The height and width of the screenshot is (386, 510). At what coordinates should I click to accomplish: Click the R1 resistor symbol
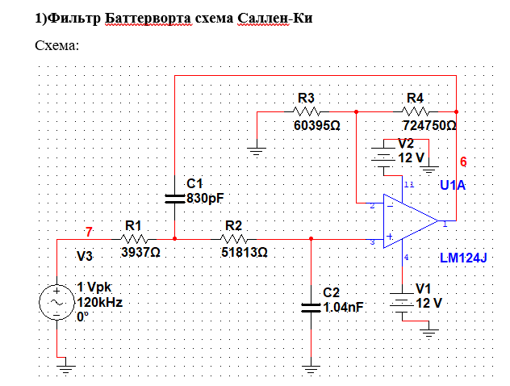pyautogui.click(x=134, y=239)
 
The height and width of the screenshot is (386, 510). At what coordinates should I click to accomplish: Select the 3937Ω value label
pyautogui.click(x=140, y=252)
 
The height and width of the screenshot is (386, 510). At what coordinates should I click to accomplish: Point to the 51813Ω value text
pyautogui.click(x=245, y=252)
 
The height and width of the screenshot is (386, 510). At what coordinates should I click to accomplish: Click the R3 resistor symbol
pyautogui.click(x=307, y=111)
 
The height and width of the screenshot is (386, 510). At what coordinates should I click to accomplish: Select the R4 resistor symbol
pyautogui.click(x=415, y=111)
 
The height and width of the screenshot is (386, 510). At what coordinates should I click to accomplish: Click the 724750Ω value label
pyautogui.click(x=428, y=126)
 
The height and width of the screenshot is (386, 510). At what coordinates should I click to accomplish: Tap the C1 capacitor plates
pyautogui.click(x=175, y=196)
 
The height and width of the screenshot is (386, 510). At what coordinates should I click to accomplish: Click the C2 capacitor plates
pyautogui.click(x=311, y=306)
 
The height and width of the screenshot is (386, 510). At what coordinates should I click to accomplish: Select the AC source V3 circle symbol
pyautogui.click(x=57, y=300)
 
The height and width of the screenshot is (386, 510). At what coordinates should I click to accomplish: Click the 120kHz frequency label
pyautogui.click(x=99, y=302)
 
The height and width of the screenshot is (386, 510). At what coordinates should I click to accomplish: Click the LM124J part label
pyautogui.click(x=464, y=258)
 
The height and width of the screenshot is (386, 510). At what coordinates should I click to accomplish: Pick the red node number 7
pyautogui.click(x=89, y=232)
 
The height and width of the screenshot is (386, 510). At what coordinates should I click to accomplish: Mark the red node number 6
pyautogui.click(x=463, y=162)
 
